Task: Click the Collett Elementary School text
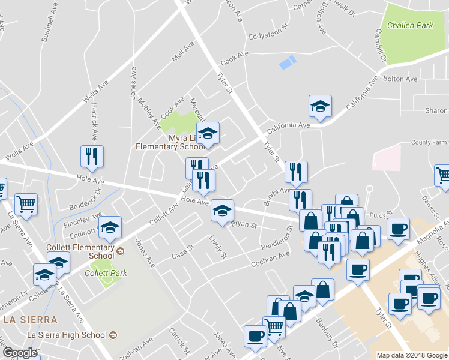tap(81, 251)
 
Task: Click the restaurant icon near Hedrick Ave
tap(92, 157)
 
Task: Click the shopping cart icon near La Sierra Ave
tap(26, 205)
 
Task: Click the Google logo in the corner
tap(19, 353)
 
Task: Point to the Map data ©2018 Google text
tap(411, 355)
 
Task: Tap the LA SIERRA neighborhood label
tap(30, 319)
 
